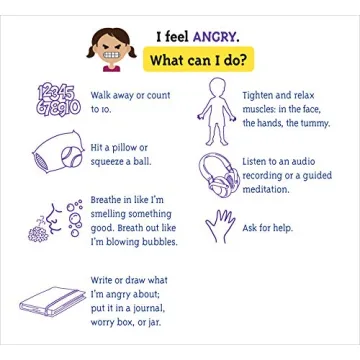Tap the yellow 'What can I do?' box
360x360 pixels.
(x=199, y=59)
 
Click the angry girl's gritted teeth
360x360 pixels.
(x=111, y=55)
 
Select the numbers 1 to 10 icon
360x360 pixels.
(x=58, y=100)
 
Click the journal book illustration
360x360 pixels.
(x=52, y=301)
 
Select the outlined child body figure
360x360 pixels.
(x=217, y=112)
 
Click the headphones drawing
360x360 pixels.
(x=219, y=176)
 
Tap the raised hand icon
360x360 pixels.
(x=220, y=226)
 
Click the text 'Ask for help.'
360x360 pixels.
(x=267, y=228)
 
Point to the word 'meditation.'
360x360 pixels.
(x=265, y=189)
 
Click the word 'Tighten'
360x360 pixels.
(x=257, y=96)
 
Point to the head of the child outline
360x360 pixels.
(x=217, y=87)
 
